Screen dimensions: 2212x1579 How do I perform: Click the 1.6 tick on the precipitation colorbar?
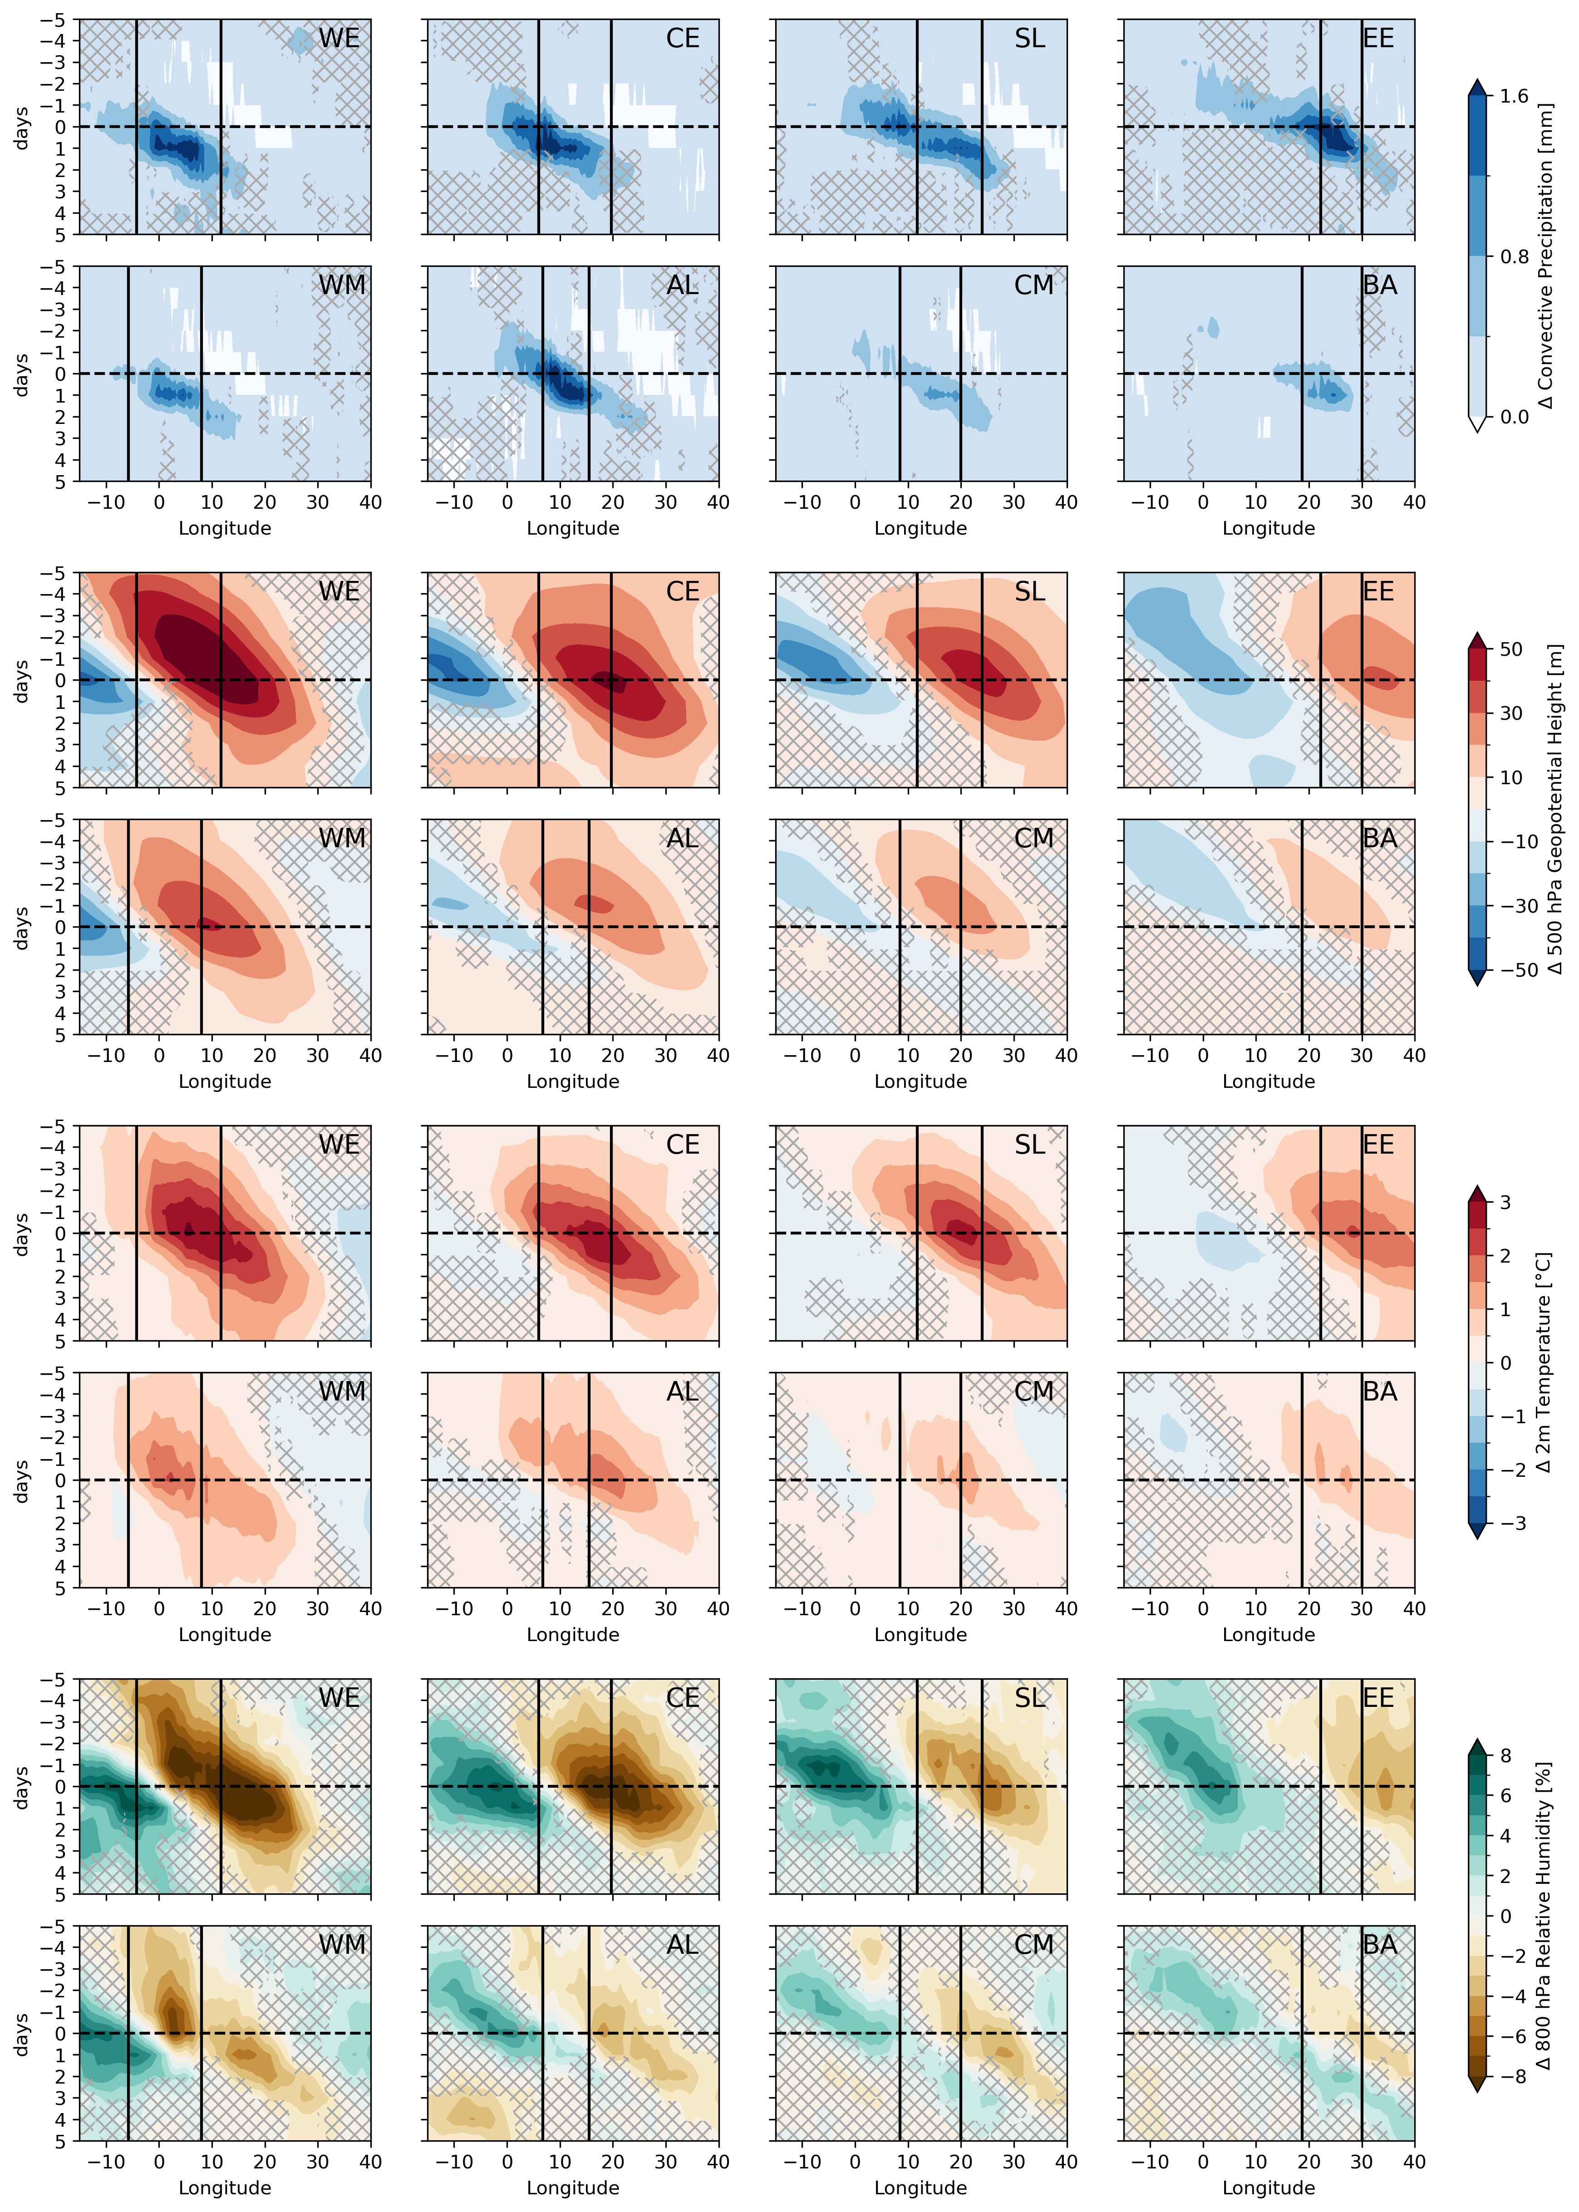(x=1513, y=96)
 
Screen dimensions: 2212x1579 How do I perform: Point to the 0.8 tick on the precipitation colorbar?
(x=1513, y=257)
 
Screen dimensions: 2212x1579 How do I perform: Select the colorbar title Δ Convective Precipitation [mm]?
(x=1546, y=257)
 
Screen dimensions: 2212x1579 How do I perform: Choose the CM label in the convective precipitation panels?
(x=1033, y=286)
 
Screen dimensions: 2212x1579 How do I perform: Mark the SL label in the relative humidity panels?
(x=1030, y=1698)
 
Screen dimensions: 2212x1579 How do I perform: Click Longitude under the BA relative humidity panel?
(x=1268, y=2187)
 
